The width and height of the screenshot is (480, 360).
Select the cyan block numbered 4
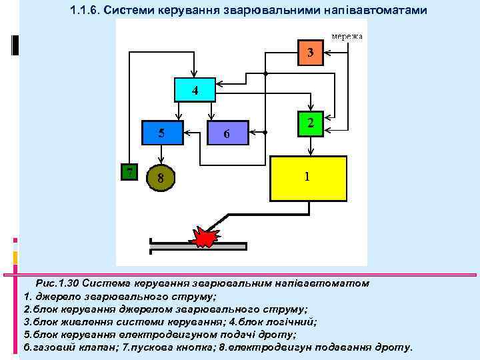[x=194, y=90]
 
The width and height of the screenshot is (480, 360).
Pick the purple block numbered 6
[x=227, y=133]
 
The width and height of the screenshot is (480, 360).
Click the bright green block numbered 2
[x=311, y=123]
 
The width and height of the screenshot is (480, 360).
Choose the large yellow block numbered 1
[x=308, y=178]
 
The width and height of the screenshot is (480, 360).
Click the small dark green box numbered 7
[x=129, y=171]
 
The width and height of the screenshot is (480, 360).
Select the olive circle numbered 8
[x=161, y=178]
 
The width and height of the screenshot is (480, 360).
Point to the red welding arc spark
[x=206, y=235]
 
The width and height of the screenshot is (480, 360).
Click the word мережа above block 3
[x=347, y=35]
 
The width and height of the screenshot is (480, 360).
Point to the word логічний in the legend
[x=294, y=321]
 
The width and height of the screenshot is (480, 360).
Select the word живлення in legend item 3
[x=81, y=321]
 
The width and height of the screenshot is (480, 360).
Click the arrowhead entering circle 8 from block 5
[x=161, y=161]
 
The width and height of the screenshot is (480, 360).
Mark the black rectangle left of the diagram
[x=15, y=44]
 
